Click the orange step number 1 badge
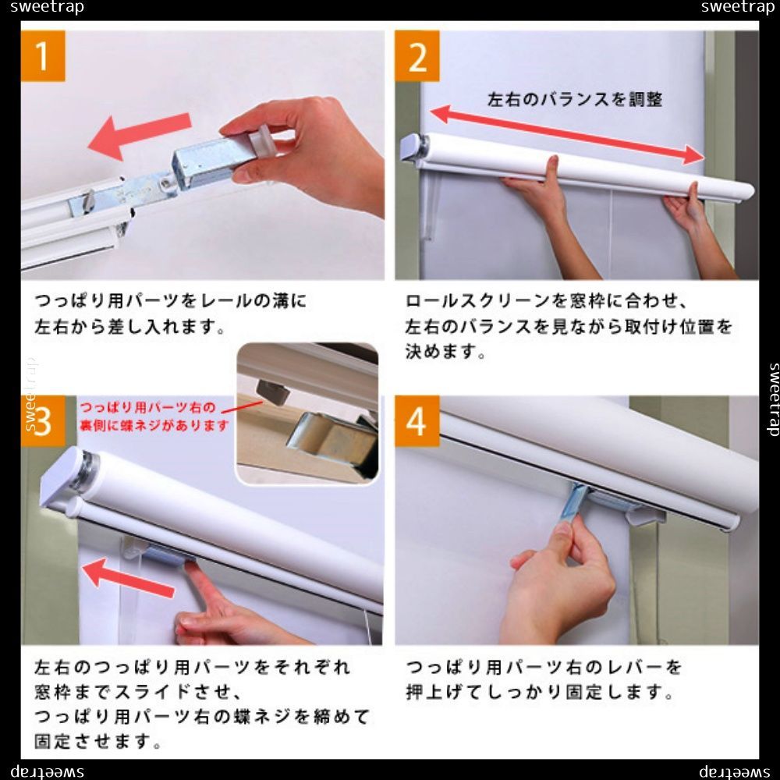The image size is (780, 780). (x=43, y=55)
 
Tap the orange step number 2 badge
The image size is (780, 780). (x=417, y=55)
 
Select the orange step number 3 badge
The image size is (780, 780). (x=43, y=421)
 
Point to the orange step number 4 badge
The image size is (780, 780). (x=417, y=421)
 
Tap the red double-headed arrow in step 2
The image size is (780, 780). (x=567, y=134)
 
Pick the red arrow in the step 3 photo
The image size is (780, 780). (x=129, y=578)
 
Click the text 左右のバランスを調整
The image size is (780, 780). (x=575, y=100)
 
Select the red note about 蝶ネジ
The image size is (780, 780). (x=154, y=417)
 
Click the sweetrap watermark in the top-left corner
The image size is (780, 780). (x=47, y=8)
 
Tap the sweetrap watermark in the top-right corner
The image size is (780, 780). (x=738, y=8)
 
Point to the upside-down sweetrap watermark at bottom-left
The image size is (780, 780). (x=47, y=771)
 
